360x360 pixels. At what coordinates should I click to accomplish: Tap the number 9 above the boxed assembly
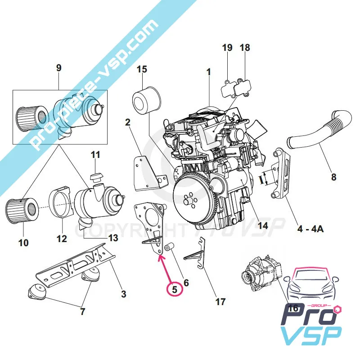[x=58, y=68]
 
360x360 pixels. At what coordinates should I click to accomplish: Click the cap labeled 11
[x=95, y=175]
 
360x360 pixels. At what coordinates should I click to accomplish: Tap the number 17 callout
[x=220, y=301]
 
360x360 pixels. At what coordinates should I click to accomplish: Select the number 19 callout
[x=227, y=48]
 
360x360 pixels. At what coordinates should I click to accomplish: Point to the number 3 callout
[x=124, y=294]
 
